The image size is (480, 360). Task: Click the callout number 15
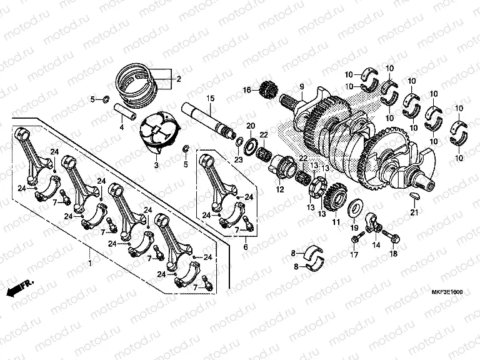coord(211,98)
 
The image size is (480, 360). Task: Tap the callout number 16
coord(247,91)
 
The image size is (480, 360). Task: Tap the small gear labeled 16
coord(268,91)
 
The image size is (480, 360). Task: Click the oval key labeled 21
coord(413,196)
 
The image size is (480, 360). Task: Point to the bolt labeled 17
coord(357,237)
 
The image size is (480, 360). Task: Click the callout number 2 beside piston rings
coord(178,79)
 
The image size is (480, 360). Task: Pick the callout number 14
coord(376,246)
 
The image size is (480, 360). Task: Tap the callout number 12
coord(279,189)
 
